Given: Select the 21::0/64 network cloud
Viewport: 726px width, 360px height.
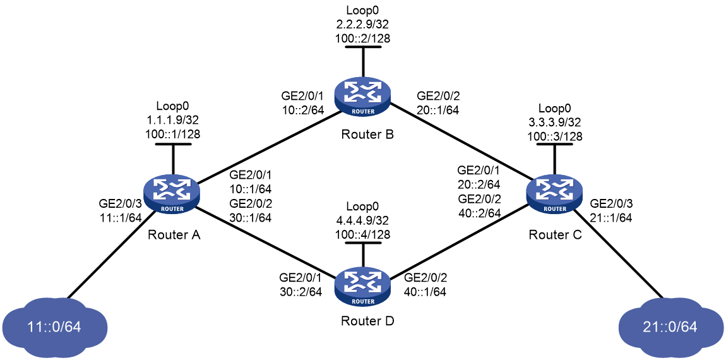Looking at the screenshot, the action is coord(671,327).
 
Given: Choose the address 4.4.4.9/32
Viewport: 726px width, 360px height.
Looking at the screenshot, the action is coord(363,222).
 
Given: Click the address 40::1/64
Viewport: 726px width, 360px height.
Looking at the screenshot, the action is coord(425,292).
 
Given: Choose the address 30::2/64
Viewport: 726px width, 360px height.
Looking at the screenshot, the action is coord(301,292).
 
